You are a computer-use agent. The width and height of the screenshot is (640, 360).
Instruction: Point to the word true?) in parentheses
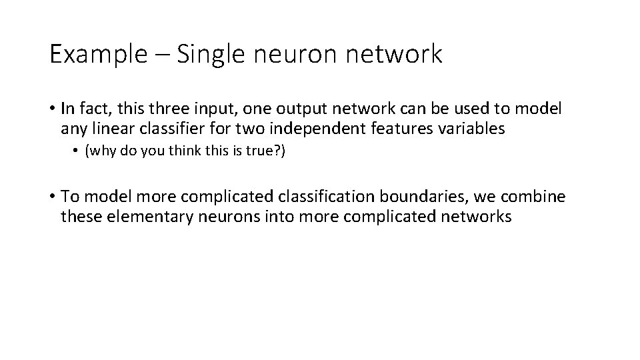pos(266,151)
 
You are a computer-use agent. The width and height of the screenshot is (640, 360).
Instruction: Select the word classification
pos(331,197)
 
